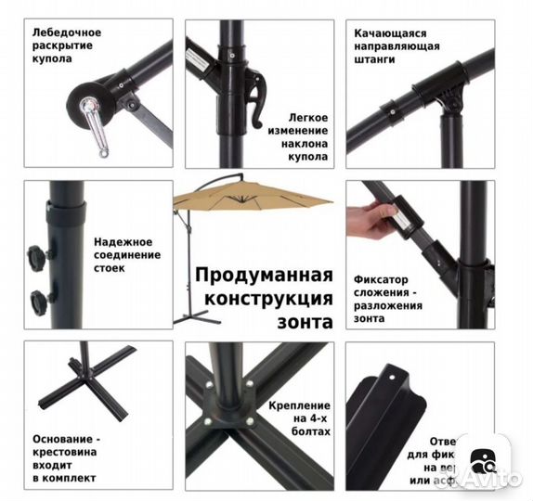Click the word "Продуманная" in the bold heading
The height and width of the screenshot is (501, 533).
point(264,276)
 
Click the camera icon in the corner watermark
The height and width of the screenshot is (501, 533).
point(484,462)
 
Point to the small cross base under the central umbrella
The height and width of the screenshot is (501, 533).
point(191,317)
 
